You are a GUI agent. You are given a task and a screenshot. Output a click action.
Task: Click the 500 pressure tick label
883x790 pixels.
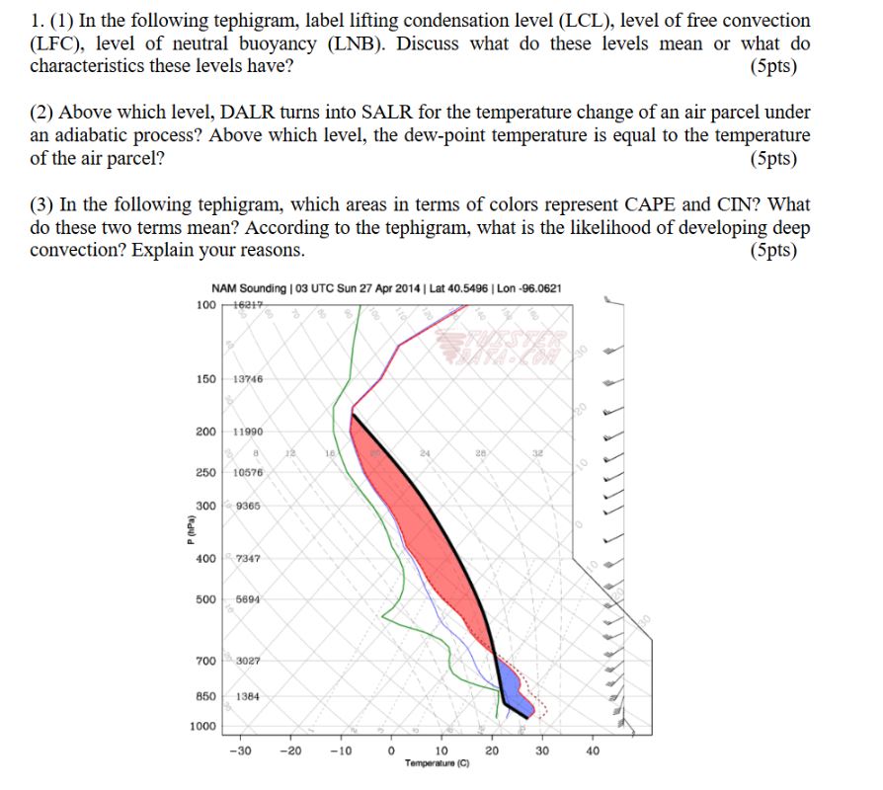[205, 599]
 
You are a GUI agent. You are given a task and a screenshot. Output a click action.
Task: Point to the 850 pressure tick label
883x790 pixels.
[205, 695]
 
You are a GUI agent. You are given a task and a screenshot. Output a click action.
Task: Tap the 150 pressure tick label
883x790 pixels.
[205, 379]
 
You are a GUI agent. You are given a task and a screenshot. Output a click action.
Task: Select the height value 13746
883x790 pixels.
[248, 379]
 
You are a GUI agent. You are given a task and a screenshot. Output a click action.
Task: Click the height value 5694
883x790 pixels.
[248, 599]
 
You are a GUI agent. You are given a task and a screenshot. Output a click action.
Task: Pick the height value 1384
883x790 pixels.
[248, 695]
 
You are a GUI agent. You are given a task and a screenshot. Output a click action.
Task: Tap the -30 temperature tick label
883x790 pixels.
[239, 750]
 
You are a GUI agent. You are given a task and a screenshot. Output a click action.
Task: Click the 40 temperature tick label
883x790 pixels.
[593, 750]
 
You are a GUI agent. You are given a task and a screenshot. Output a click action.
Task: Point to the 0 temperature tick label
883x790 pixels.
[391, 750]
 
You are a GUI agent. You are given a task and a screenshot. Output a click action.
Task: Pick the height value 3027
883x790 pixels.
[248, 660]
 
